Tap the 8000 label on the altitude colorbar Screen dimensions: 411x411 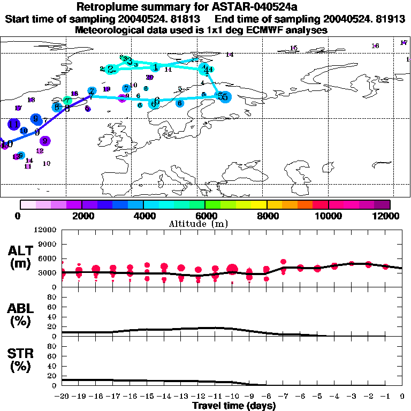click(x=267, y=216)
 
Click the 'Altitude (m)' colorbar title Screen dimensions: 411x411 click(x=205, y=224)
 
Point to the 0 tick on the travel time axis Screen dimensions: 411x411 click(x=402, y=397)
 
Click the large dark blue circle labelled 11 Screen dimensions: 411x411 click(x=14, y=124)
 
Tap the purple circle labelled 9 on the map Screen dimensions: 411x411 click(x=45, y=141)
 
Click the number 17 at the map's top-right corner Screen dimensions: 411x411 click(x=404, y=42)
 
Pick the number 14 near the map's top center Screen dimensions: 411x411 click(x=230, y=55)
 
